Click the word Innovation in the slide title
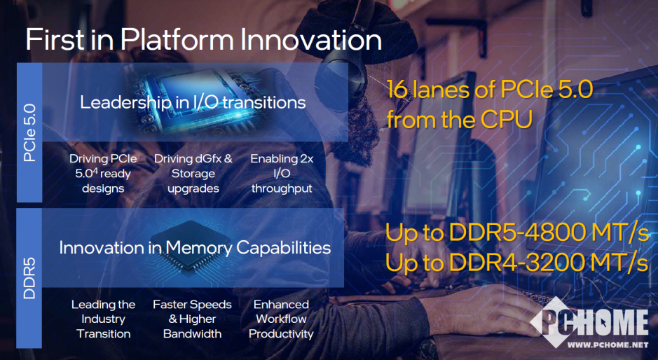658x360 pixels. point(311,41)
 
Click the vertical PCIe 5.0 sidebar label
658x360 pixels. point(29,133)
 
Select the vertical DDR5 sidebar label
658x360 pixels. point(29,278)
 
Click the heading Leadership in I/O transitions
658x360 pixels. point(193,103)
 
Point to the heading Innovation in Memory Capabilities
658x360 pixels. point(195,247)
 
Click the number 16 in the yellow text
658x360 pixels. point(397,90)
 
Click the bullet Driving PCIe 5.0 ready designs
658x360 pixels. point(103,174)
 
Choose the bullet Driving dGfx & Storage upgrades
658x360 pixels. point(193,174)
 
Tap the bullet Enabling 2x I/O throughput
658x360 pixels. point(282,174)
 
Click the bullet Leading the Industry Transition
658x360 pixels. point(103,319)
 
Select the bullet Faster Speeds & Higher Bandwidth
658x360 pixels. point(192,319)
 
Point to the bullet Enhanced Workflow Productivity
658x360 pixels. point(281,319)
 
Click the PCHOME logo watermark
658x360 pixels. point(589,322)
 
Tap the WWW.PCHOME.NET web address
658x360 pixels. point(608,345)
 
